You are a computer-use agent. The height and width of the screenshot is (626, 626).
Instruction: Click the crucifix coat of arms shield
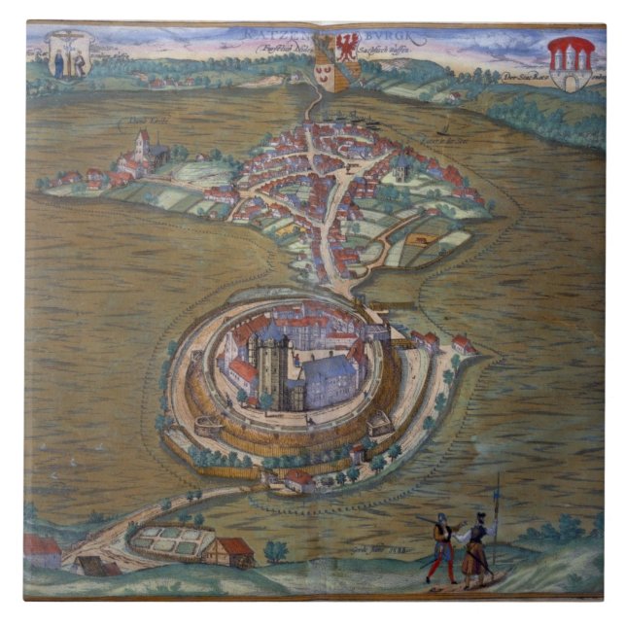[69, 54]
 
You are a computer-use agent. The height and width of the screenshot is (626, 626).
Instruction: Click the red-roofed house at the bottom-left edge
[42, 550]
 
